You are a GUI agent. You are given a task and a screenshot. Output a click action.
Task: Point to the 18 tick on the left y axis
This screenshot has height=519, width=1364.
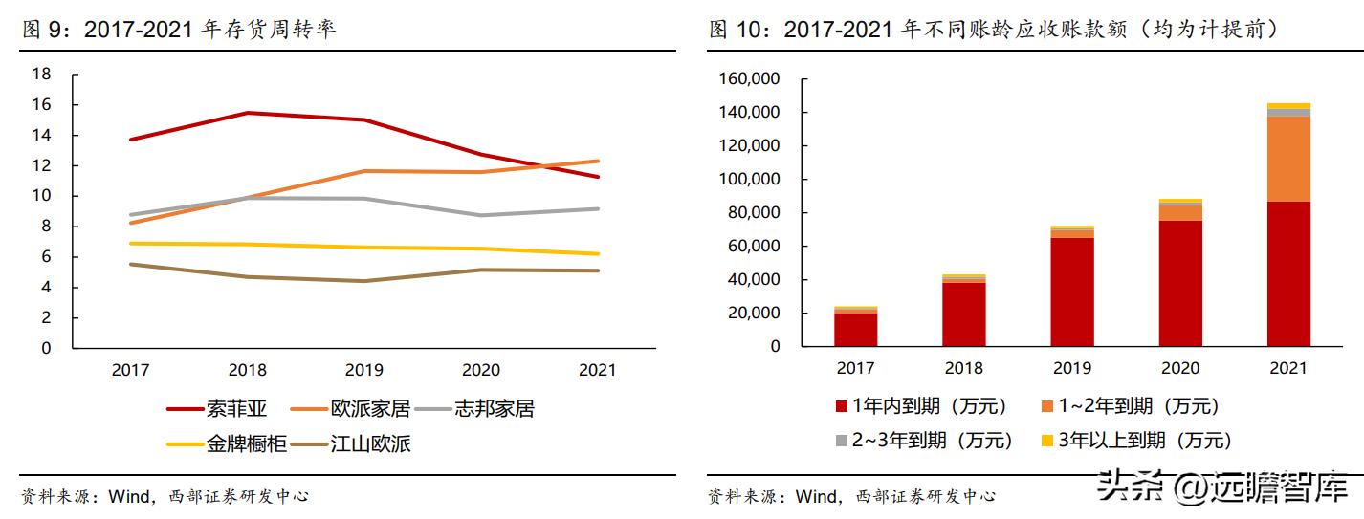tap(41, 74)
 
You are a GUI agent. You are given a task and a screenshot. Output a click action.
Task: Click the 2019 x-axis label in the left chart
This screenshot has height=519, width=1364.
tap(363, 370)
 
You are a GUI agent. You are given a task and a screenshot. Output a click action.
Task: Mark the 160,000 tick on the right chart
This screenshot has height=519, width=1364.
tap(748, 79)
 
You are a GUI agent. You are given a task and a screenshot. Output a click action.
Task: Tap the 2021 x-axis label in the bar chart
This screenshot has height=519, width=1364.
tap(1287, 368)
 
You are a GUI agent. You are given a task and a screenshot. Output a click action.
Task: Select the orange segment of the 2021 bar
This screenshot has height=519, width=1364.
tap(1287, 159)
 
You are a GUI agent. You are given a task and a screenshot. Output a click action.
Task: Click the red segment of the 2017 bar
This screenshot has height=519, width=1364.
tap(855, 329)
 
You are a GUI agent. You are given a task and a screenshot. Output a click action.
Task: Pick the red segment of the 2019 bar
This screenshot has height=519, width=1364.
tap(1071, 292)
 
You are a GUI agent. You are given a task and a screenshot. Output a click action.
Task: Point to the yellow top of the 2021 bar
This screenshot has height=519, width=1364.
tap(1287, 106)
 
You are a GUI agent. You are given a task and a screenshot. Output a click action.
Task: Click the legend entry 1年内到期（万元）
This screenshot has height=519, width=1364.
tap(922, 406)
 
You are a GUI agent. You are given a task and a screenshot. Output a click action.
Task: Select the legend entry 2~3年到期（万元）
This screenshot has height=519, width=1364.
tap(922, 441)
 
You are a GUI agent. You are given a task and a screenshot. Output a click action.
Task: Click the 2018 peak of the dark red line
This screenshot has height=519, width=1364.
tap(247, 113)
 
